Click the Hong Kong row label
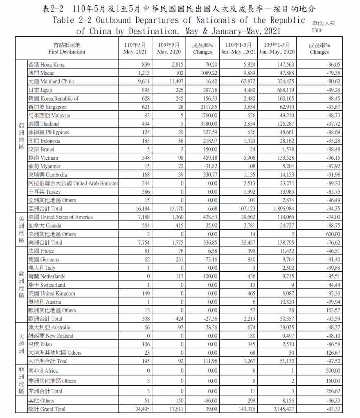pos(46,65)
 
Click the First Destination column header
pos(67,49)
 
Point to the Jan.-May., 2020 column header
pos(277,49)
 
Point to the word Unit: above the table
pos(317,31)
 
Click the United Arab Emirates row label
pos(73,183)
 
